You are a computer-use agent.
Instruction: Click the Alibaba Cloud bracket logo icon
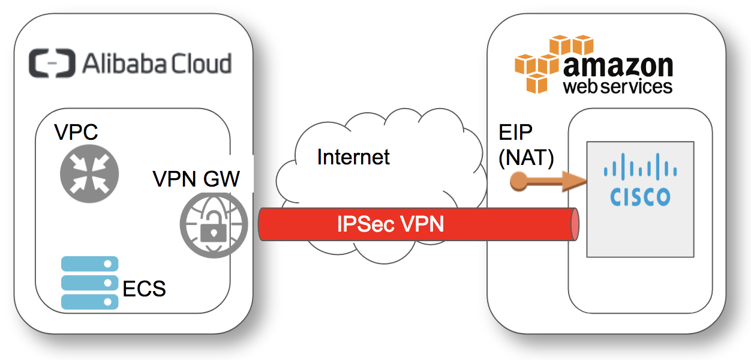tap(53, 64)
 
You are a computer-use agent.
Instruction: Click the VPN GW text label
tap(197, 178)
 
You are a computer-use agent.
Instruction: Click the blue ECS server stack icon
tap(89, 283)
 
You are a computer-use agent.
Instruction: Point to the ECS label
tap(144, 289)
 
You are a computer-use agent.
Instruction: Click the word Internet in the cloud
tap(353, 157)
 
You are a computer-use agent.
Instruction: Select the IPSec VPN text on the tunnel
tap(390, 224)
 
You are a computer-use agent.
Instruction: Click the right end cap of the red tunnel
tap(575, 224)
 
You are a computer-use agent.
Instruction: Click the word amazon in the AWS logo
tap(618, 65)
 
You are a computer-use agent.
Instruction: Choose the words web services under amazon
tap(617, 86)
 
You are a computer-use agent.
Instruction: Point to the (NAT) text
tap(527, 158)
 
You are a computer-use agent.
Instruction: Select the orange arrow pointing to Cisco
tap(546, 181)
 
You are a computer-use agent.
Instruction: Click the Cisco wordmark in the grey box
tap(640, 197)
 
